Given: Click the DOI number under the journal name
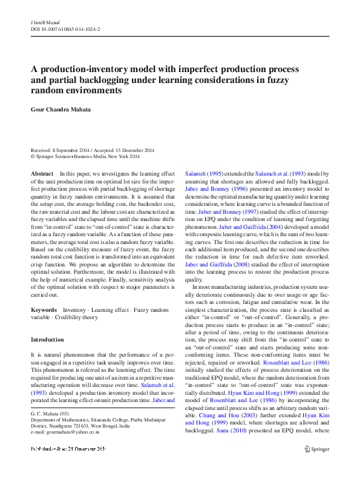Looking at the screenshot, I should [x=65, y=28].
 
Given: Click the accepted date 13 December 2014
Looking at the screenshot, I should [x=132, y=150].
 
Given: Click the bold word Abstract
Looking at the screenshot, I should [x=42, y=174].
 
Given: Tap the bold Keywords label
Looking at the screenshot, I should [x=44, y=310].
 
